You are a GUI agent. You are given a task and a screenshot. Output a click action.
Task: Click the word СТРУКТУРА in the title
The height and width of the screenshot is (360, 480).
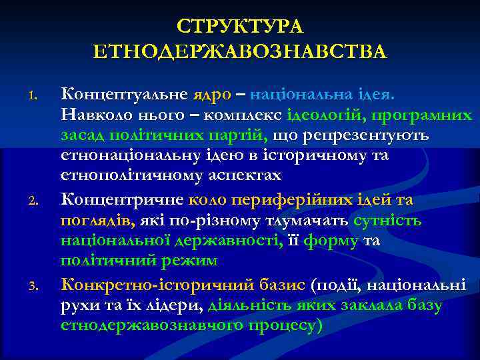coord(240,27)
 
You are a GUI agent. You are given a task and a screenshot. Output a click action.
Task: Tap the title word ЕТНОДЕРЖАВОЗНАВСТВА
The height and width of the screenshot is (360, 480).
coord(240,51)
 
